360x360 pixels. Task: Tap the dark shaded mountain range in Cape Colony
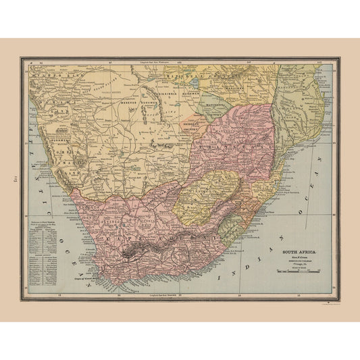(145, 249)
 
